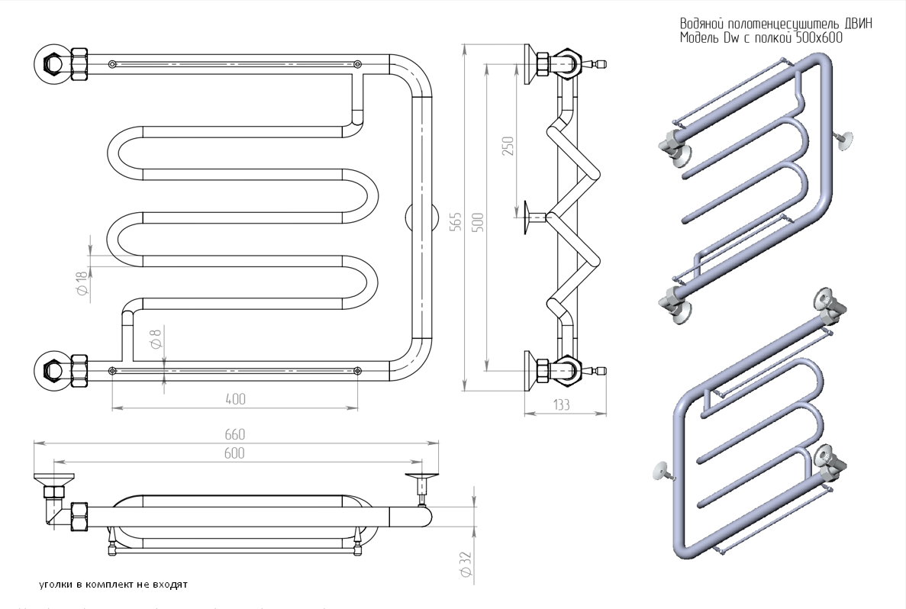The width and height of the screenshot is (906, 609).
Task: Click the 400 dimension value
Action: [235, 398]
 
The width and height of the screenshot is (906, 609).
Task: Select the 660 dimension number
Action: [235, 434]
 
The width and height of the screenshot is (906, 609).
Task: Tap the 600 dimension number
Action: [234, 453]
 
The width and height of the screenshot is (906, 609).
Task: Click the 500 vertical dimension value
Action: [478, 222]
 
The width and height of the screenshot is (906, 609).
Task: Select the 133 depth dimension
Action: [562, 405]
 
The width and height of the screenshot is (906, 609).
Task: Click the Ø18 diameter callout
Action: [82, 285]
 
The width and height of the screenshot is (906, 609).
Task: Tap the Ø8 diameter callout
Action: [156, 337]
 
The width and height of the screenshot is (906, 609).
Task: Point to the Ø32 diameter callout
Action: [467, 564]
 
